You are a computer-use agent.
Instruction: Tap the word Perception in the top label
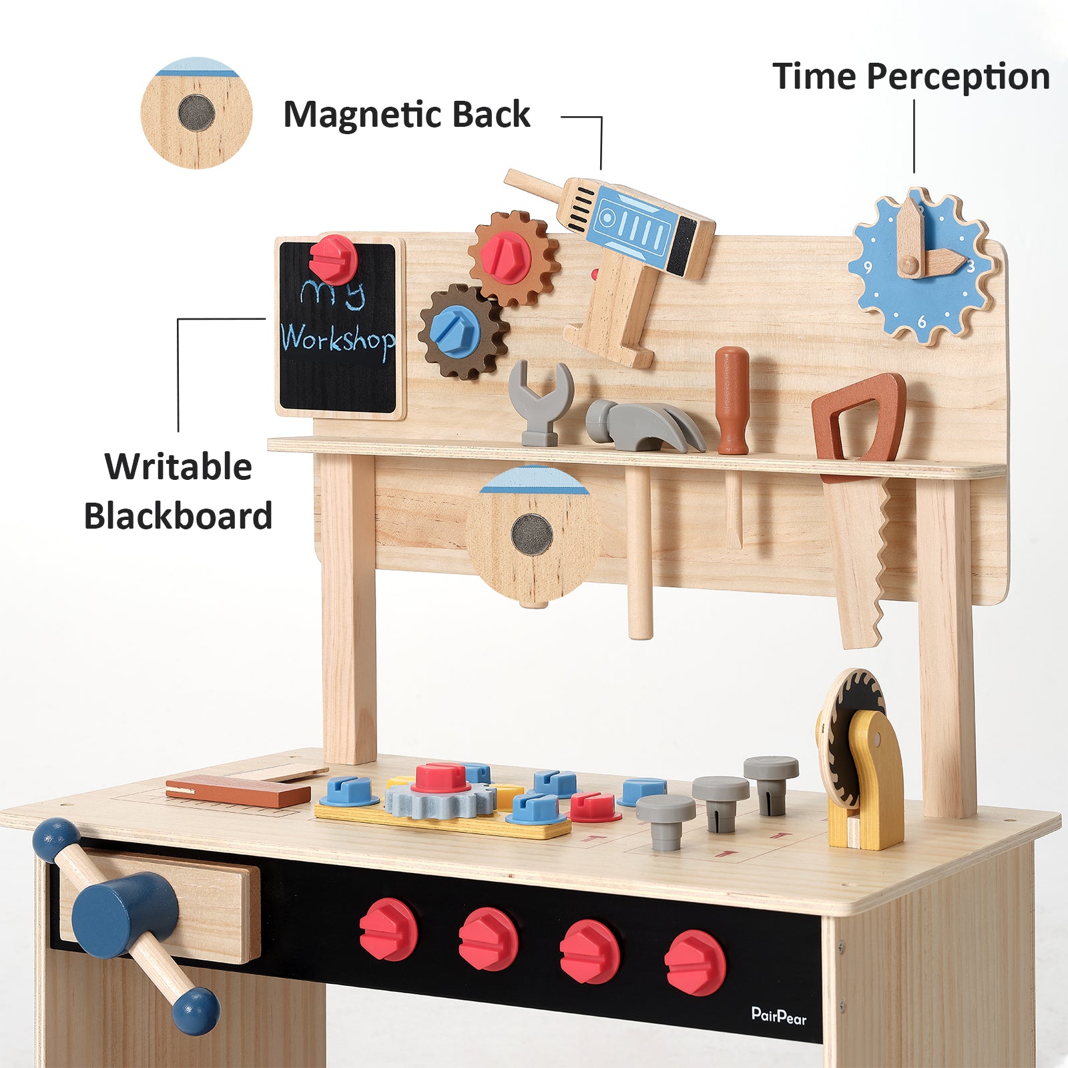tap(959, 77)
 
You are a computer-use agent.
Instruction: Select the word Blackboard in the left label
tap(178, 516)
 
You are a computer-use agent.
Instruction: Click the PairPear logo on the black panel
tap(779, 1016)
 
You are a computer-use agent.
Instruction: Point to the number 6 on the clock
tap(922, 322)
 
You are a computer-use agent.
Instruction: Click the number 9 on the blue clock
tap(868, 267)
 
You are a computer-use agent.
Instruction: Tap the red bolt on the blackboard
tap(333, 259)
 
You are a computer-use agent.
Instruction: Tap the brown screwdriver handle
tap(732, 400)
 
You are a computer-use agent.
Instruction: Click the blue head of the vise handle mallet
tap(125, 914)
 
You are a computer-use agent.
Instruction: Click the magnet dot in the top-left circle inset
tap(196, 113)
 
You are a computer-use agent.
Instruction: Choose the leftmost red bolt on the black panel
tap(388, 929)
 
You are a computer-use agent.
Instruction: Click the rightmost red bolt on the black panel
tap(695, 963)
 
